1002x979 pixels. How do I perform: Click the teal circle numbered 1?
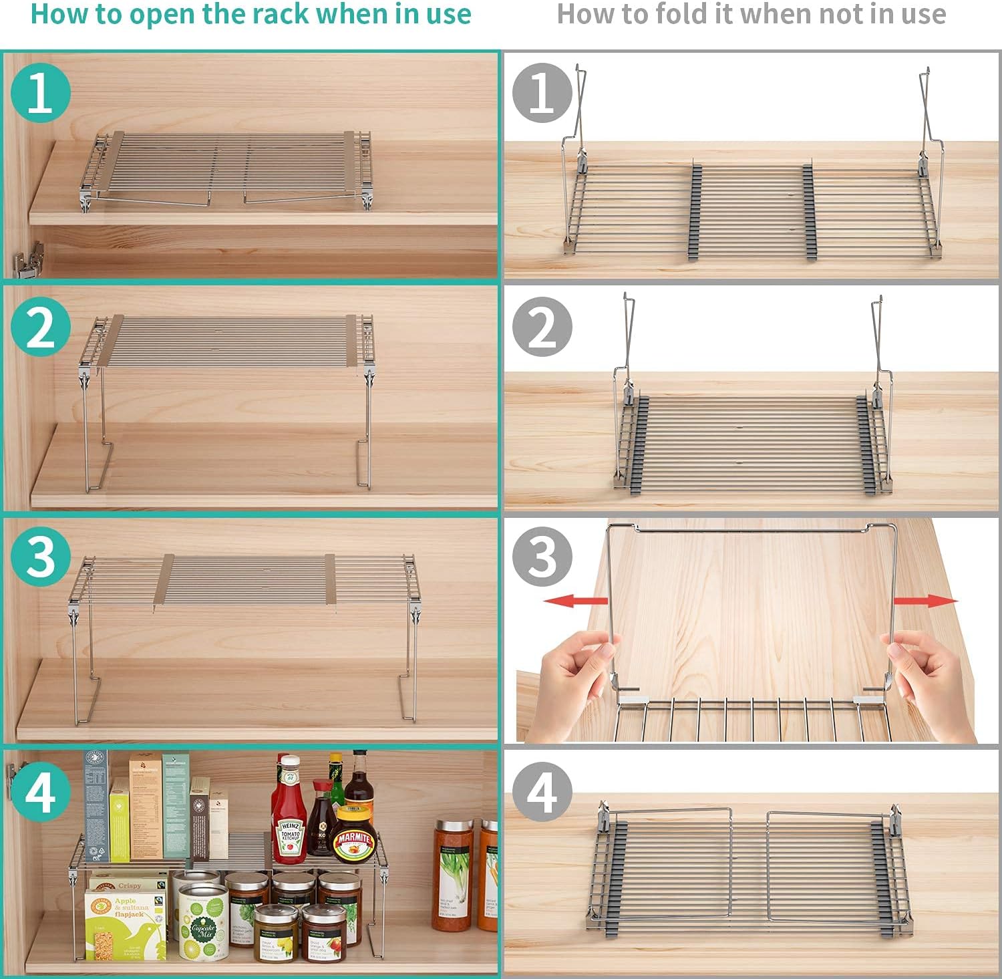[x=41, y=93]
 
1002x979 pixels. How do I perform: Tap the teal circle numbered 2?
[x=41, y=327]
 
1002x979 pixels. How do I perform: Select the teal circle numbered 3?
[x=41, y=557]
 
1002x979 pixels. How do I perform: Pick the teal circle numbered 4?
[x=41, y=793]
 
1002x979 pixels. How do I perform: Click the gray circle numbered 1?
[x=542, y=93]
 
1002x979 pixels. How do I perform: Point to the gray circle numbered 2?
[x=542, y=327]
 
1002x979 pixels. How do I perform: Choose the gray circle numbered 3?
[x=542, y=557]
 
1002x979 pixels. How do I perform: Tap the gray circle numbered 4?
[x=542, y=793]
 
